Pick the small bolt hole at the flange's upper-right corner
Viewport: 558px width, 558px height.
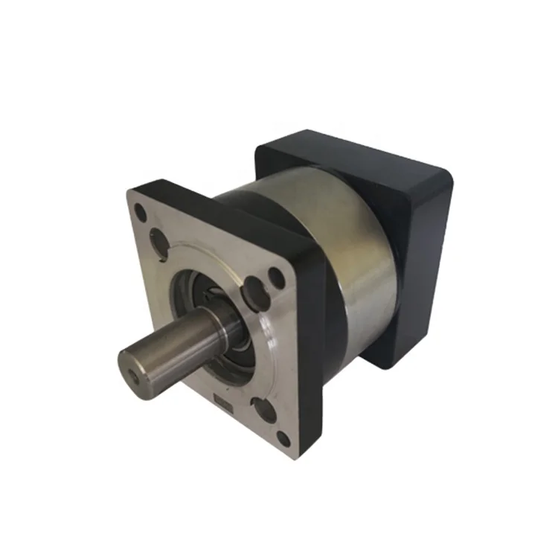276,278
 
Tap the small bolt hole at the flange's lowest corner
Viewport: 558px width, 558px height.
283,438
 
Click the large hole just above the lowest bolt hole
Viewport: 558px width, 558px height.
260,408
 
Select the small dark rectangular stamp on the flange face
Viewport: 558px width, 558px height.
221,403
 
